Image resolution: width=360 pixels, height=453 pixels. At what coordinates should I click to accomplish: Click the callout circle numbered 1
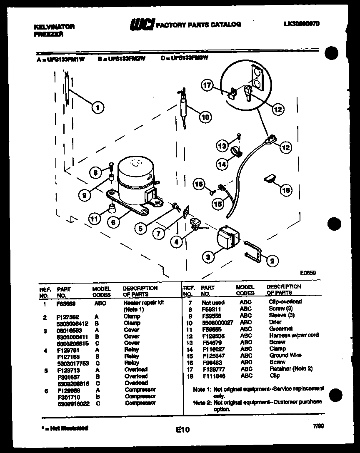97,108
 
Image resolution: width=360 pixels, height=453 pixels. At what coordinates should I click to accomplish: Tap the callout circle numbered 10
204,117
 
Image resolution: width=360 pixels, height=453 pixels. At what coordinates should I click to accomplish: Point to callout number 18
285,190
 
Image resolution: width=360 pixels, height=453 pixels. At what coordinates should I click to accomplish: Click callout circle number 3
208,257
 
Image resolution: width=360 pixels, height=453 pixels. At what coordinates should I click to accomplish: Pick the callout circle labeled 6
112,222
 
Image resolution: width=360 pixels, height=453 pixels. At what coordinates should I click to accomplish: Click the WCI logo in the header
141,25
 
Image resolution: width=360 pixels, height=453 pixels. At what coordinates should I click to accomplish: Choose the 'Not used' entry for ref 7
212,303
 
